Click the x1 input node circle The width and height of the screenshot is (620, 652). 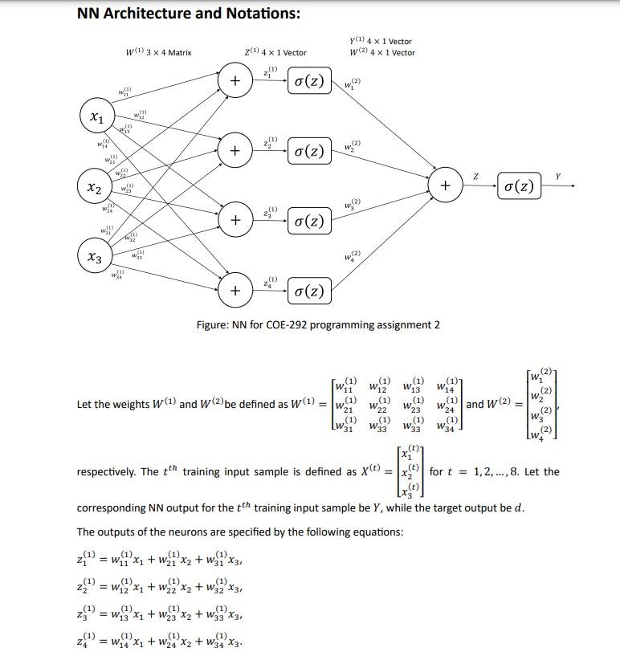click(x=96, y=118)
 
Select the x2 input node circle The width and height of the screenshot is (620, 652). click(x=95, y=188)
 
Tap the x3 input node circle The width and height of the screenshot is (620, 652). click(x=95, y=258)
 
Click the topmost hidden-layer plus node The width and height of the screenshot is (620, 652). click(x=235, y=81)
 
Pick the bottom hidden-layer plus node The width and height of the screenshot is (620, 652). click(x=235, y=291)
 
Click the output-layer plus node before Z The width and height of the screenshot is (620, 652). click(x=444, y=185)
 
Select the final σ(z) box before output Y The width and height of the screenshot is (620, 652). click(x=518, y=186)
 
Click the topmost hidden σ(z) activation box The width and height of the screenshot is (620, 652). click(x=309, y=81)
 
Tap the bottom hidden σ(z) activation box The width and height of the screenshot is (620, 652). click(x=309, y=291)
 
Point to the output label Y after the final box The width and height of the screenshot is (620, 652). click(x=558, y=176)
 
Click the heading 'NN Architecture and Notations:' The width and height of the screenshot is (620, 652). click(x=189, y=14)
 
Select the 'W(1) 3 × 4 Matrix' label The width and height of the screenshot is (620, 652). click(x=159, y=53)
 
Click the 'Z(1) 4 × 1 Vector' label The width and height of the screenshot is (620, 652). click(x=275, y=53)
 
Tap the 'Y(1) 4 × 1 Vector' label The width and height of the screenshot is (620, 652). click(x=381, y=42)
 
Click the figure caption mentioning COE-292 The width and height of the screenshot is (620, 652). click(x=318, y=324)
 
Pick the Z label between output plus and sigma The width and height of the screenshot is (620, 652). click(x=475, y=176)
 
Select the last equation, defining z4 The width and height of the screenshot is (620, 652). click(x=158, y=641)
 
